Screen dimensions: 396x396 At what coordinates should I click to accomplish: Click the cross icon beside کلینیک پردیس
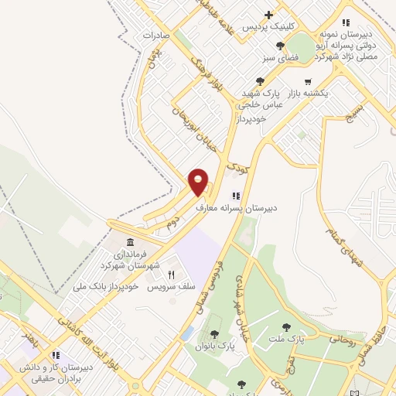(268, 14)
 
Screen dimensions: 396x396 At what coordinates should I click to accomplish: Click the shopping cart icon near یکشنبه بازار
(308, 81)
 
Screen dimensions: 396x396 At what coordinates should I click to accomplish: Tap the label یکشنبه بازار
(309, 93)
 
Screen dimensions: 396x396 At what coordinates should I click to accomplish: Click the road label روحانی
(343, 338)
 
